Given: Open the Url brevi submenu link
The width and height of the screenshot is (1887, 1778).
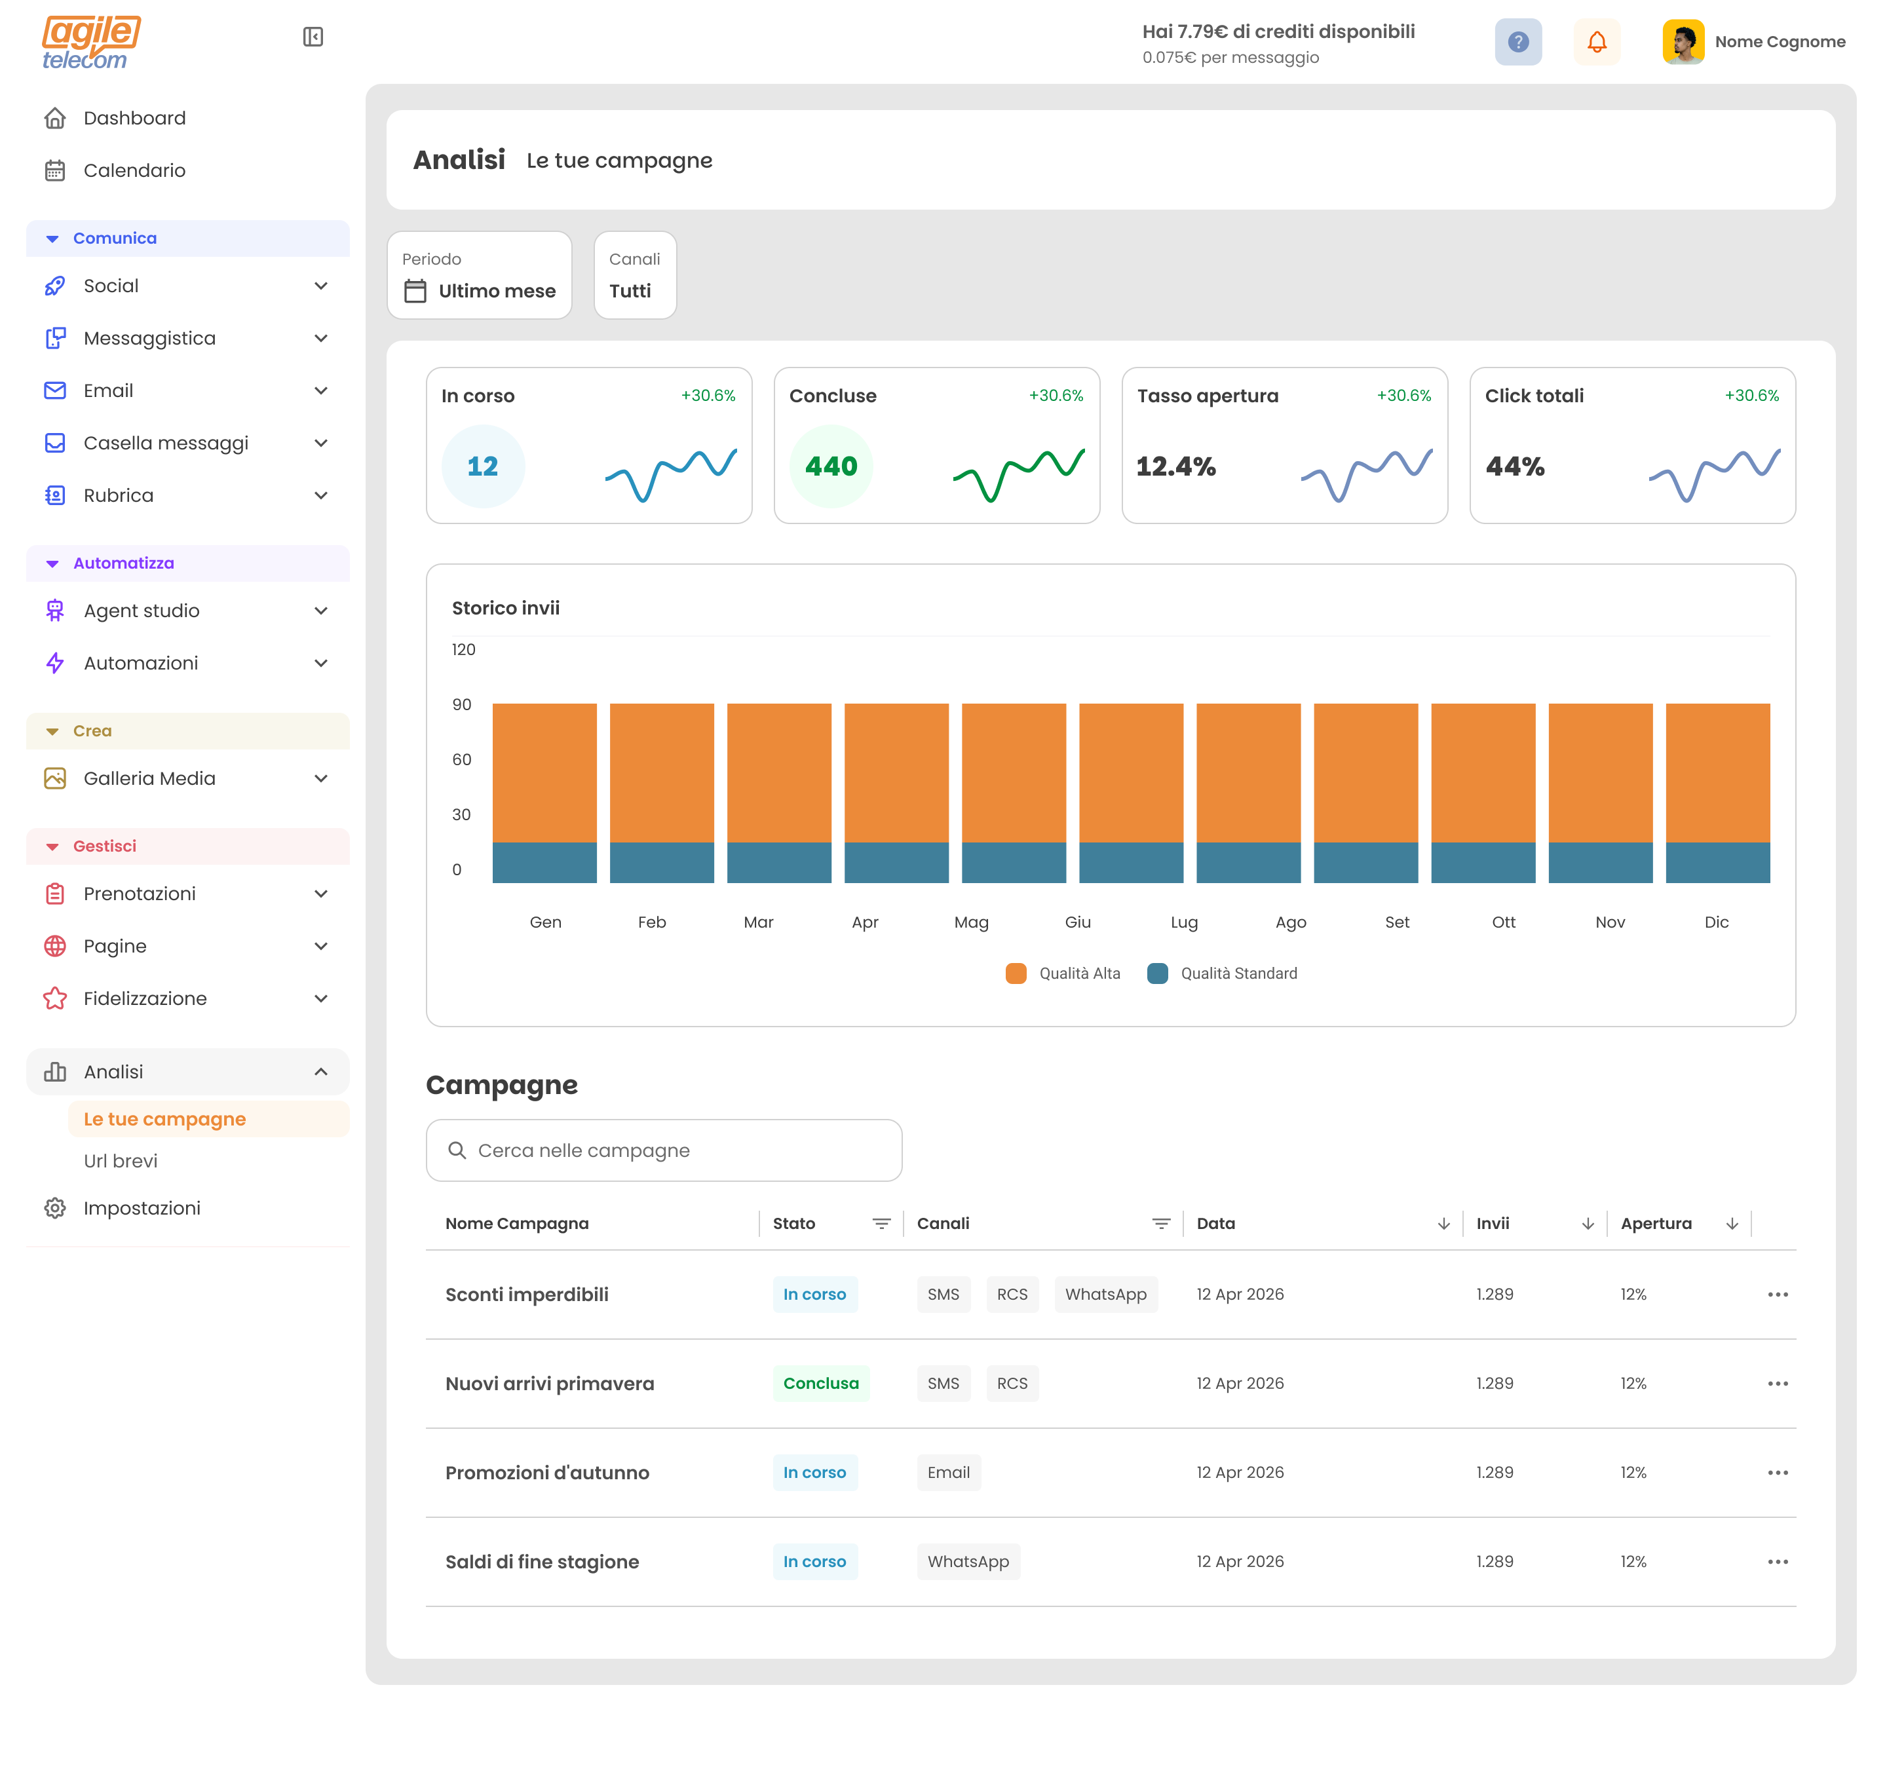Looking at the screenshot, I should coord(121,1161).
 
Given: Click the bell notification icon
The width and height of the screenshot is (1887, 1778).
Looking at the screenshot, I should coord(1597,42).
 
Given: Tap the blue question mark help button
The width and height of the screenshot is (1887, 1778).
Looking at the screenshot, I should coord(1517,42).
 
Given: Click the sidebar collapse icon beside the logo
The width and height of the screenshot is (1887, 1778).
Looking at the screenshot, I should coord(313,37).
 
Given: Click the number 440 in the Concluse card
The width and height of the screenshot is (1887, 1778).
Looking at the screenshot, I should coord(831,466).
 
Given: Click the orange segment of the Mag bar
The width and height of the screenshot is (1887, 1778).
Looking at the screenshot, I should coord(1014,772).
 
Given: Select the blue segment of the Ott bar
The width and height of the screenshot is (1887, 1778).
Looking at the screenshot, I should coord(1483,862).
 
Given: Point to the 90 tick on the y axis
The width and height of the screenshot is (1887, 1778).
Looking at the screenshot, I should coord(461,704).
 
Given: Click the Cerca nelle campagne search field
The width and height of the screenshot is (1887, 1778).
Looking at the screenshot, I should coord(664,1150).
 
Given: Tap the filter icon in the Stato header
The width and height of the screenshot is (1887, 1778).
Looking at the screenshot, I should coord(881,1224).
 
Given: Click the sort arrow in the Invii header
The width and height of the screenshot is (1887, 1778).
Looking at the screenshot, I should coord(1587,1224).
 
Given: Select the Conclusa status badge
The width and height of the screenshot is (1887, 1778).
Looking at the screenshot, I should coord(820,1383).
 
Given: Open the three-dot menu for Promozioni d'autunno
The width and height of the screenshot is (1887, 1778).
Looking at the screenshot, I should coord(1777,1472).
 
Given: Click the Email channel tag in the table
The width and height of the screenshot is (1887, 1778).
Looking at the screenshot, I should coord(947,1472).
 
